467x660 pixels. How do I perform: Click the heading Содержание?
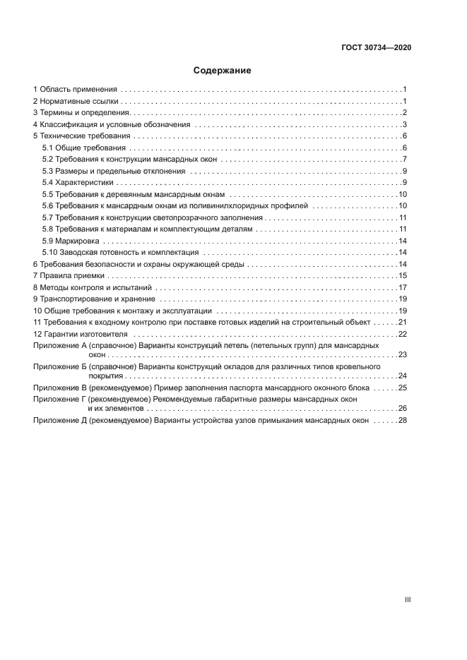223,71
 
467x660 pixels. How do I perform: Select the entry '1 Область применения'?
76,90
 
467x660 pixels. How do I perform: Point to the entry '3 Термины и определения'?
81,113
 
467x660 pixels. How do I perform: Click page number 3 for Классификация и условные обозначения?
403,125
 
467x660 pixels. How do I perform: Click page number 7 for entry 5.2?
403,160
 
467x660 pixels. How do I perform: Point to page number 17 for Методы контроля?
401,287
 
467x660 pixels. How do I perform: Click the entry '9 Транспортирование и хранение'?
94,299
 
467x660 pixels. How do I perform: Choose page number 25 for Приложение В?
401,388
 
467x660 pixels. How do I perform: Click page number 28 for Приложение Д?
401,420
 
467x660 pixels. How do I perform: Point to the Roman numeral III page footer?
407,599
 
